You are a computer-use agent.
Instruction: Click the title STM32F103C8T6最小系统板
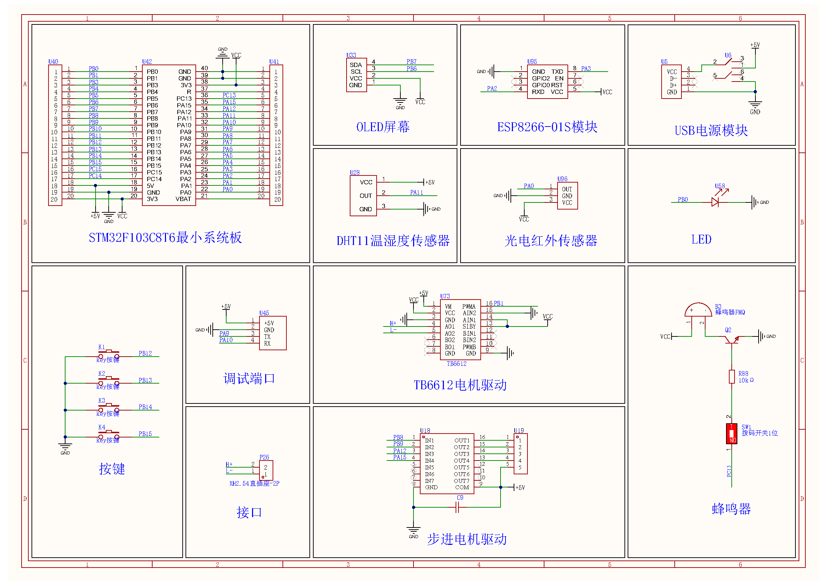pyautogui.click(x=165, y=238)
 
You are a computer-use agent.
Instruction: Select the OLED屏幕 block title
pyautogui.click(x=383, y=127)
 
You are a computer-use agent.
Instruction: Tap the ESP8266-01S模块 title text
pyautogui.click(x=547, y=127)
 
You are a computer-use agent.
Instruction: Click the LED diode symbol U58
pyautogui.click(x=715, y=202)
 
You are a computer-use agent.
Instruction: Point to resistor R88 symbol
pyautogui.click(x=731, y=376)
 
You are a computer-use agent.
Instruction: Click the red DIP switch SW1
pyautogui.click(x=731, y=433)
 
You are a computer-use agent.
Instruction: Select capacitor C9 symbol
pyautogui.click(x=457, y=508)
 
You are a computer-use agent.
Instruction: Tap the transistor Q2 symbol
pyautogui.click(x=731, y=338)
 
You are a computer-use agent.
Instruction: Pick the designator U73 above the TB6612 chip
pyautogui.click(x=445, y=296)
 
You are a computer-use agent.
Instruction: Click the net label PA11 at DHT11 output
pyautogui.click(x=416, y=192)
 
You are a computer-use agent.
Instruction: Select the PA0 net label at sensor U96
pyautogui.click(x=528, y=186)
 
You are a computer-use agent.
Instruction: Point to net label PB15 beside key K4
pyautogui.click(x=145, y=434)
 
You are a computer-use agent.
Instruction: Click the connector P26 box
pyautogui.click(x=266, y=470)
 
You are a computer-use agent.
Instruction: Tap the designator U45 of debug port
pyautogui.click(x=264, y=313)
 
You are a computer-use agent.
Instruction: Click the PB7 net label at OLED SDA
pyautogui.click(x=411, y=62)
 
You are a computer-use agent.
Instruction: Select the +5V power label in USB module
pyautogui.click(x=755, y=45)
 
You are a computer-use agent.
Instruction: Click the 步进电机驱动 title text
pyautogui.click(x=467, y=540)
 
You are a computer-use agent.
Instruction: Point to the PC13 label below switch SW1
pyautogui.click(x=729, y=471)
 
